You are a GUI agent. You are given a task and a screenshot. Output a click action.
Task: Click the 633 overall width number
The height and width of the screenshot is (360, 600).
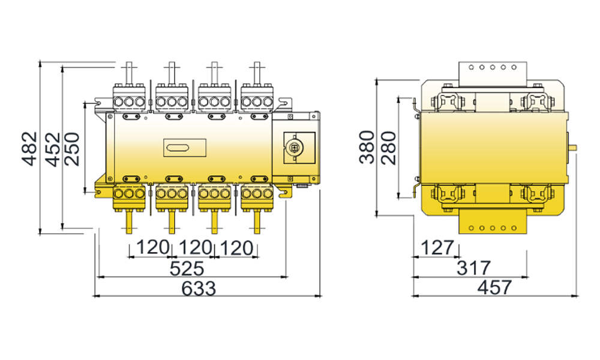pos(198,288)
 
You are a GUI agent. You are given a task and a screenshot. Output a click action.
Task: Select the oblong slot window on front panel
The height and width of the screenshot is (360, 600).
pos(178,147)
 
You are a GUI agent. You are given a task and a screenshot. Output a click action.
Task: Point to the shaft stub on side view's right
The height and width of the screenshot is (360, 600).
pos(574,146)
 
